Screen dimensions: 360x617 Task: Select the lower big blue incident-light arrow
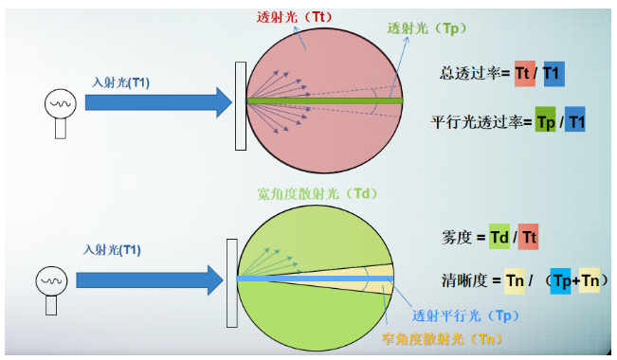152,279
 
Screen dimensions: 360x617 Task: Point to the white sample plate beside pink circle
241,104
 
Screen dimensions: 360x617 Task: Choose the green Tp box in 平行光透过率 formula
545,122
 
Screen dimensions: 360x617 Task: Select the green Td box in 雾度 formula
499,238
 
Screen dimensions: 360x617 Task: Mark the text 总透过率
470,73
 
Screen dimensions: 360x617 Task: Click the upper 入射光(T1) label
121,82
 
